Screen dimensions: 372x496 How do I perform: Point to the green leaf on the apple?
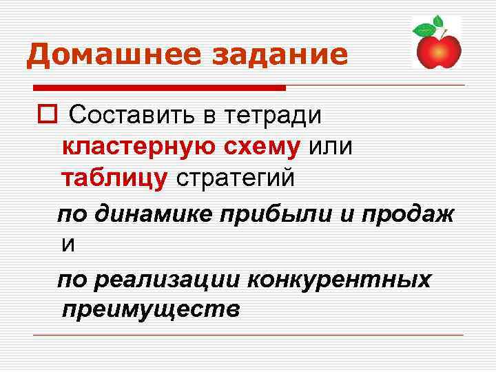(424, 30)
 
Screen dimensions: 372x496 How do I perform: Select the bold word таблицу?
(114, 178)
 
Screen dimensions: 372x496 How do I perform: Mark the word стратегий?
(236, 178)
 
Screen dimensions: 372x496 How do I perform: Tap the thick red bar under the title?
(159, 88)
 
